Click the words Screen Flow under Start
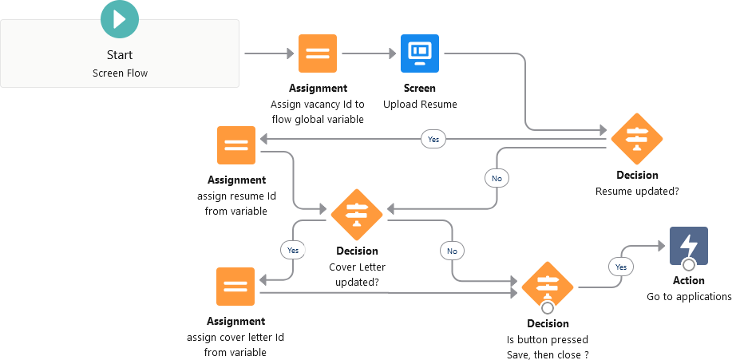[120, 73]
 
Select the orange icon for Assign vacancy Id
[318, 53]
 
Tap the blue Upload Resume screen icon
[420, 53]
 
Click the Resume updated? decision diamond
[637, 139]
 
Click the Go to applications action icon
[688, 245]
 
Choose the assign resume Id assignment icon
[236, 145]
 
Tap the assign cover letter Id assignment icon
[235, 287]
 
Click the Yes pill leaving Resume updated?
[433, 139]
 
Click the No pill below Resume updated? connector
[497, 178]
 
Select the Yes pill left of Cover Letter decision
[293, 250]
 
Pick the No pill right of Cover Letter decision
[452, 251]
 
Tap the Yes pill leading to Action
[621, 265]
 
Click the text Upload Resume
[420, 105]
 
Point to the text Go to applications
[688, 297]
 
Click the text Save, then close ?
[548, 354]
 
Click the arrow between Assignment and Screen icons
[369, 53]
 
